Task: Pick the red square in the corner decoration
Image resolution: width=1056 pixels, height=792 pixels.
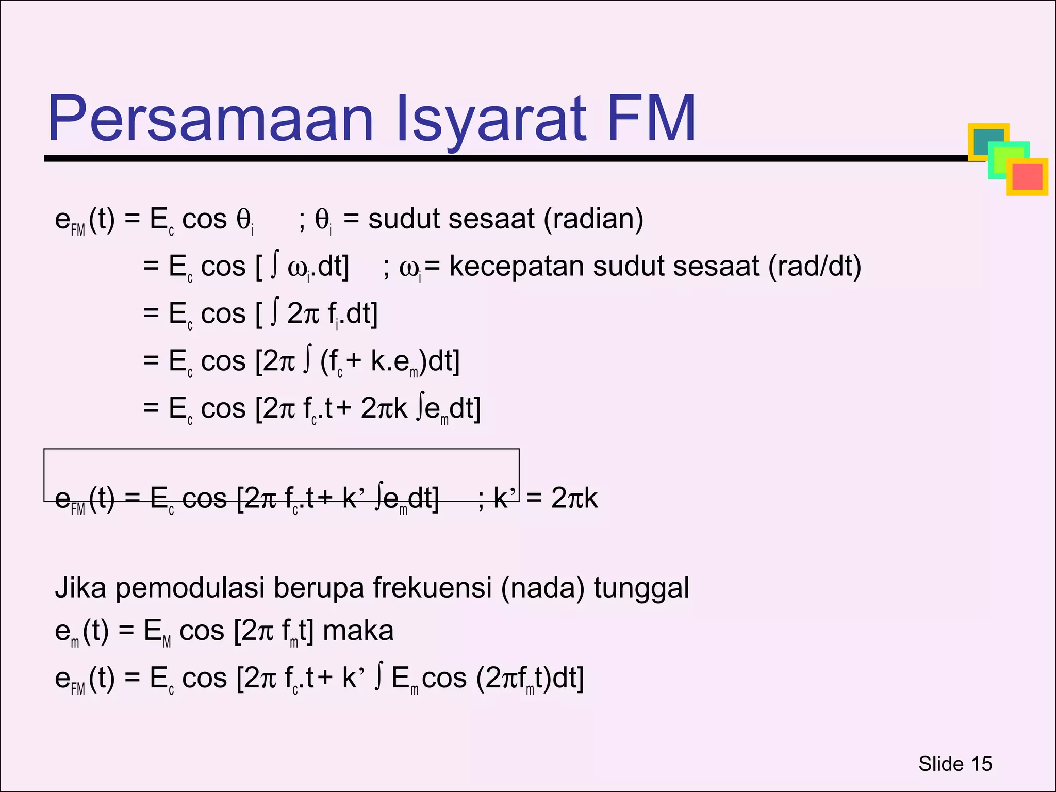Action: pyautogui.click(x=1028, y=177)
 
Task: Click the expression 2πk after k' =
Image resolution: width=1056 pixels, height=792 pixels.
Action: pyautogui.click(x=574, y=499)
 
